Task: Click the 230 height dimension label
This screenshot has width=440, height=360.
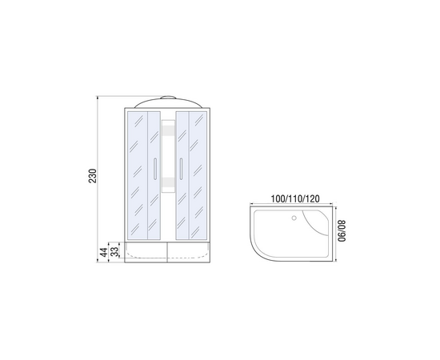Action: pos(93,176)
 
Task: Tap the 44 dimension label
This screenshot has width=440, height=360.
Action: pos(104,252)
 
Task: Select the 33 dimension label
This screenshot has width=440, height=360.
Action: pos(114,252)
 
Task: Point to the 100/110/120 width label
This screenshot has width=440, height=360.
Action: pos(295,198)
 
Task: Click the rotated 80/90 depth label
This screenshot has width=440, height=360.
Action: pos(342,231)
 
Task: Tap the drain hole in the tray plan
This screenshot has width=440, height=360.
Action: pos(294,218)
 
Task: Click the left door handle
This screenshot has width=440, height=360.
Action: pos(155,168)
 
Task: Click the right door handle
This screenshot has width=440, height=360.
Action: pos(182,168)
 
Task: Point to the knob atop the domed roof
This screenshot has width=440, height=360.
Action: pos(168,98)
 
